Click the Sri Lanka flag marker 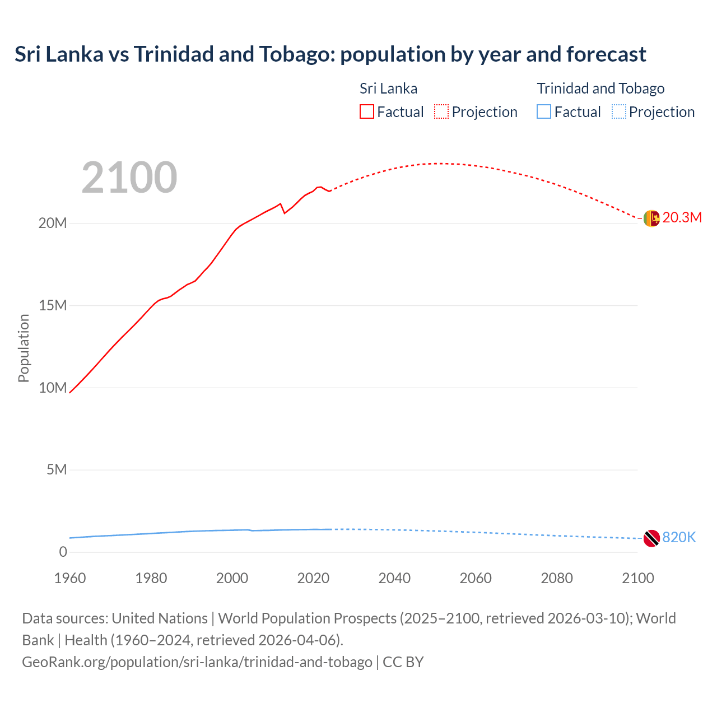tap(651, 218)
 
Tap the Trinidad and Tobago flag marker tap(651, 538)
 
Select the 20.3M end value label tap(682, 218)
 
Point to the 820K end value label tap(679, 538)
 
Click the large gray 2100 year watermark tap(129, 178)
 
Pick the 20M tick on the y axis tap(53, 224)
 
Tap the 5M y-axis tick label tap(57, 470)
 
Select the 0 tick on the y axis tap(63, 552)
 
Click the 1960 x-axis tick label tap(70, 578)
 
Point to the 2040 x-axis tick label tap(394, 578)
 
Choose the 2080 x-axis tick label tap(557, 578)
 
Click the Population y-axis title tap(24, 348)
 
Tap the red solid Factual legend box tap(367, 112)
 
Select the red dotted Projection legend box tap(441, 112)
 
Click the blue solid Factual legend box tap(544, 112)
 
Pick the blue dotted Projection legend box tap(619, 112)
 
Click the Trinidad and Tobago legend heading tap(600, 89)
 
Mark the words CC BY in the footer tap(403, 662)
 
